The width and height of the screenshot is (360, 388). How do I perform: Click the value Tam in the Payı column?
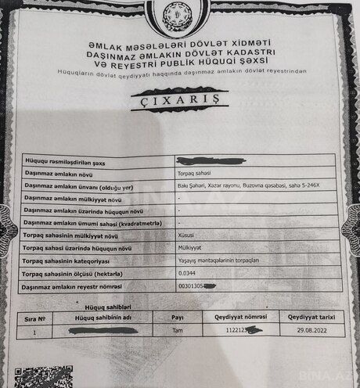point(177,332)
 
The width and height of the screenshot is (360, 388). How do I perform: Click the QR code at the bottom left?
point(45,377)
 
